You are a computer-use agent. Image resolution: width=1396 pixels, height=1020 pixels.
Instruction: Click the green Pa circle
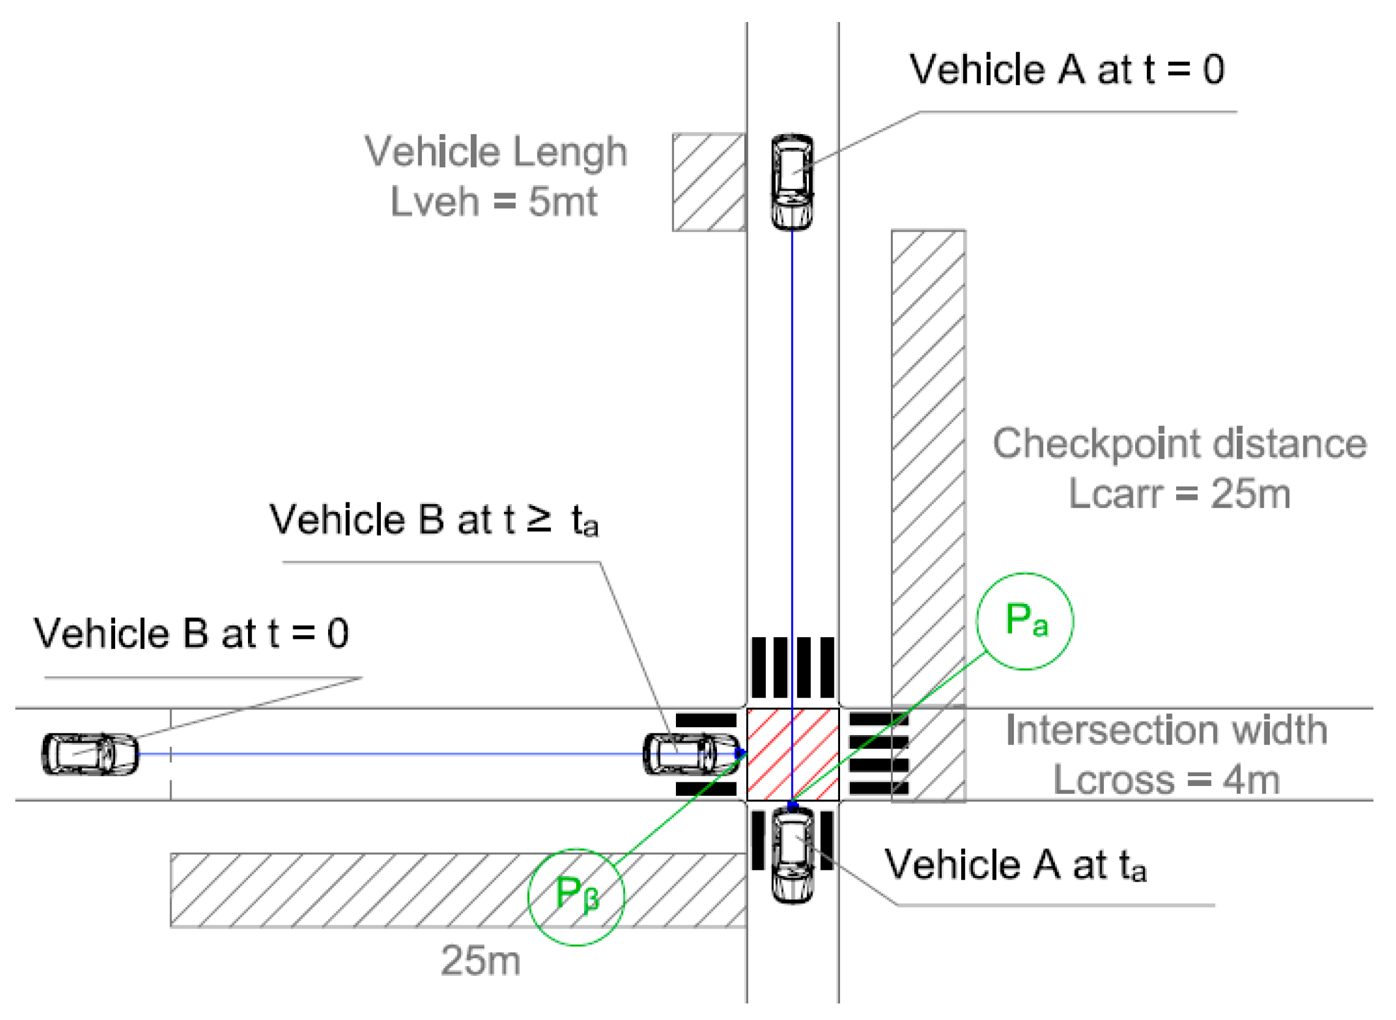point(1024,621)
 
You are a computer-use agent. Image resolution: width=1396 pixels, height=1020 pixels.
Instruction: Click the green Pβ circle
point(576,896)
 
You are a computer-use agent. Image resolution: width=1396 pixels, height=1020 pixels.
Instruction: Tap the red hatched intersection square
point(792,754)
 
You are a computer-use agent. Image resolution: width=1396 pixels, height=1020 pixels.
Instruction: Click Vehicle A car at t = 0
point(792,182)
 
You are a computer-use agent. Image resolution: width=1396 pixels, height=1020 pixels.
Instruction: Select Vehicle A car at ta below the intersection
point(793,856)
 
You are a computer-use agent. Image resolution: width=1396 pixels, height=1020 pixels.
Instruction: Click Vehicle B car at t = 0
point(90,754)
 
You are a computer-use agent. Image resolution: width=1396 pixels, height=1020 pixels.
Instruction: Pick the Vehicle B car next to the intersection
point(690,754)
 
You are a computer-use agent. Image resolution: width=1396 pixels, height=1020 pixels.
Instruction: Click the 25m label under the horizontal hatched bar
point(480,961)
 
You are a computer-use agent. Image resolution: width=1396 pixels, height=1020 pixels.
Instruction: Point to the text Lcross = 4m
point(1166,780)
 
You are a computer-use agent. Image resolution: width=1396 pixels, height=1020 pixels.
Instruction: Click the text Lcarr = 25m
point(1179,494)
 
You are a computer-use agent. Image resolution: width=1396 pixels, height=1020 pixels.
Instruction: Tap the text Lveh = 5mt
point(493,202)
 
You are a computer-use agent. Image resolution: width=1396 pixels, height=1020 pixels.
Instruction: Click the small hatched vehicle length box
point(708,182)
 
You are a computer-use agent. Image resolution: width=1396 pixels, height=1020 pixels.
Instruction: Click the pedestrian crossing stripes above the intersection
point(792,668)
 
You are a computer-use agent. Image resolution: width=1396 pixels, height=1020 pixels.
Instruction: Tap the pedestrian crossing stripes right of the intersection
point(877,754)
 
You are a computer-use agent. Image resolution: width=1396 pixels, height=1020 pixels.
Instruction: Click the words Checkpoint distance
point(1179,444)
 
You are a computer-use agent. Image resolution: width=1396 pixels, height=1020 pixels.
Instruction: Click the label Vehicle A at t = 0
point(1067,69)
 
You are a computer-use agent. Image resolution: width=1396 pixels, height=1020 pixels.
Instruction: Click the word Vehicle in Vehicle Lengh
point(432,151)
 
